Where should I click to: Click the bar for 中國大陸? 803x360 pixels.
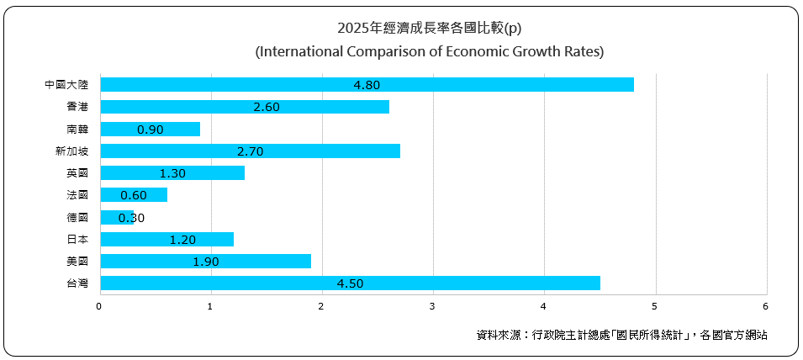click(x=367, y=85)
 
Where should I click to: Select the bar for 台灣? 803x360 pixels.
click(x=350, y=283)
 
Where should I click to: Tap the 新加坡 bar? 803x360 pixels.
click(x=250, y=151)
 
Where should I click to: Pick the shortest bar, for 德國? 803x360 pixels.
click(x=117, y=218)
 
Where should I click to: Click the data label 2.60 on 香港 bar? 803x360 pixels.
click(x=266, y=107)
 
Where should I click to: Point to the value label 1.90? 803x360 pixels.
click(x=205, y=262)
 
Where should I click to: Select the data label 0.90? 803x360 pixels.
click(x=150, y=130)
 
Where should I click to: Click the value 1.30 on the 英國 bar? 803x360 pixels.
click(x=172, y=173)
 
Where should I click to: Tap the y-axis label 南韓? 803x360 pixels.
click(x=77, y=130)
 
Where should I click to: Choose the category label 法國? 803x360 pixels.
click(x=77, y=195)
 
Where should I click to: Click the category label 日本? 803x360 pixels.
click(x=77, y=240)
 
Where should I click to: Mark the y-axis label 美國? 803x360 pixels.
click(x=77, y=262)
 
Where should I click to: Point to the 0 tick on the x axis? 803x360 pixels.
click(x=99, y=306)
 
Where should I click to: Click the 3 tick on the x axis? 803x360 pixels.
click(x=432, y=306)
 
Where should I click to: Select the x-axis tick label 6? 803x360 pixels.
click(x=766, y=306)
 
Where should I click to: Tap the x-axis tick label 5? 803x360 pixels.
click(x=655, y=306)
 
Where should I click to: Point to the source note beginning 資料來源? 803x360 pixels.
click(x=621, y=335)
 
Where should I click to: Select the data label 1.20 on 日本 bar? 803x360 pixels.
click(x=182, y=240)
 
